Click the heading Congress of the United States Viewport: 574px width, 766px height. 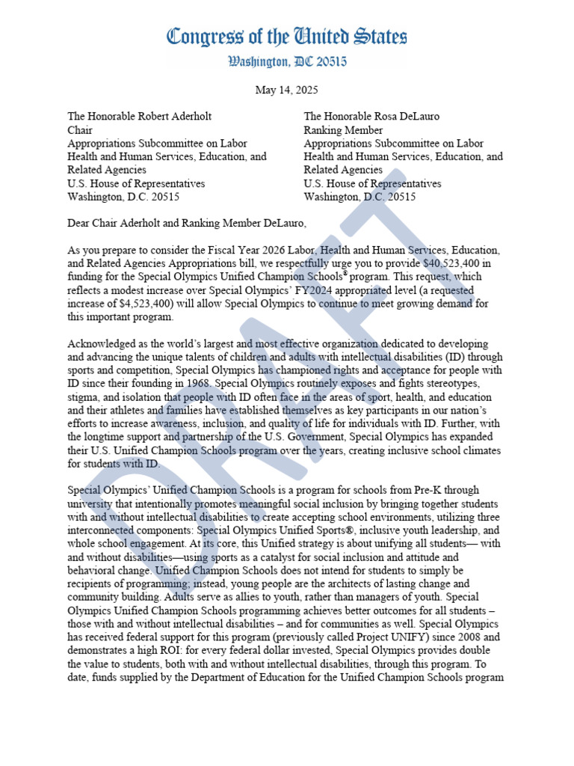(x=287, y=37)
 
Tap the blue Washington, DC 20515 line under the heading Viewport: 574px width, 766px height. (x=287, y=63)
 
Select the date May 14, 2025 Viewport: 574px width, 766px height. (x=287, y=90)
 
